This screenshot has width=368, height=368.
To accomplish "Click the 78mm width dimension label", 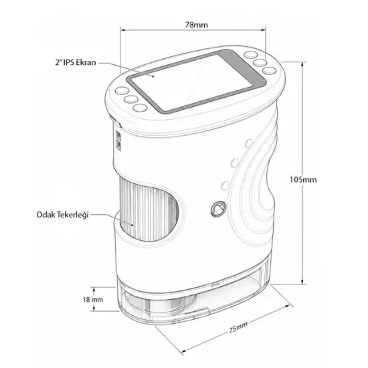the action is pyautogui.click(x=197, y=25).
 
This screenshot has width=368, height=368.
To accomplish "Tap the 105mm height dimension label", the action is pyautogui.click(x=303, y=179).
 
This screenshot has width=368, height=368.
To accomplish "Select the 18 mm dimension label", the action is pyautogui.click(x=93, y=300).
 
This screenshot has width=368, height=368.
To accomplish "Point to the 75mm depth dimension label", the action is pyautogui.click(x=238, y=327).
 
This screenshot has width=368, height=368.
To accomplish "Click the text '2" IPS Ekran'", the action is pyautogui.click(x=76, y=62).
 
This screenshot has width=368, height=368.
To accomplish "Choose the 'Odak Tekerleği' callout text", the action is pyautogui.click(x=62, y=215).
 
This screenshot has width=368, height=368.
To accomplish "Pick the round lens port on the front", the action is pyautogui.click(x=219, y=209).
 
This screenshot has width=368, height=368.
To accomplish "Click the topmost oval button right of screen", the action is pyautogui.click(x=251, y=55).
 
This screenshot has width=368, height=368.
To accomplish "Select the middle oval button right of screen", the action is pyautogui.click(x=260, y=62).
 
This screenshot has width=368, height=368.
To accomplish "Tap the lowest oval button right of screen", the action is pyautogui.click(x=269, y=70).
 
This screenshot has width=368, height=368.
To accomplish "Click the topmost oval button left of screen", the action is pyautogui.click(x=122, y=90).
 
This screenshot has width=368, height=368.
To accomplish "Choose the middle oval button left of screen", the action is pyautogui.click(x=131, y=99).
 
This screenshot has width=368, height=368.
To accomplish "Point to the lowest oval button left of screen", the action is pyautogui.click(x=140, y=108).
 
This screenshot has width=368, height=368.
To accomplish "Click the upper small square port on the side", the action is pyautogui.click(x=118, y=135).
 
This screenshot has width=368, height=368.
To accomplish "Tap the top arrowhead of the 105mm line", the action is pyautogui.click(x=302, y=64).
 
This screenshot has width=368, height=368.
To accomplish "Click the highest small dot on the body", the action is pyautogui.click(x=248, y=143).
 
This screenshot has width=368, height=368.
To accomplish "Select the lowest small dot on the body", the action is pyautogui.click(x=225, y=185).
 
